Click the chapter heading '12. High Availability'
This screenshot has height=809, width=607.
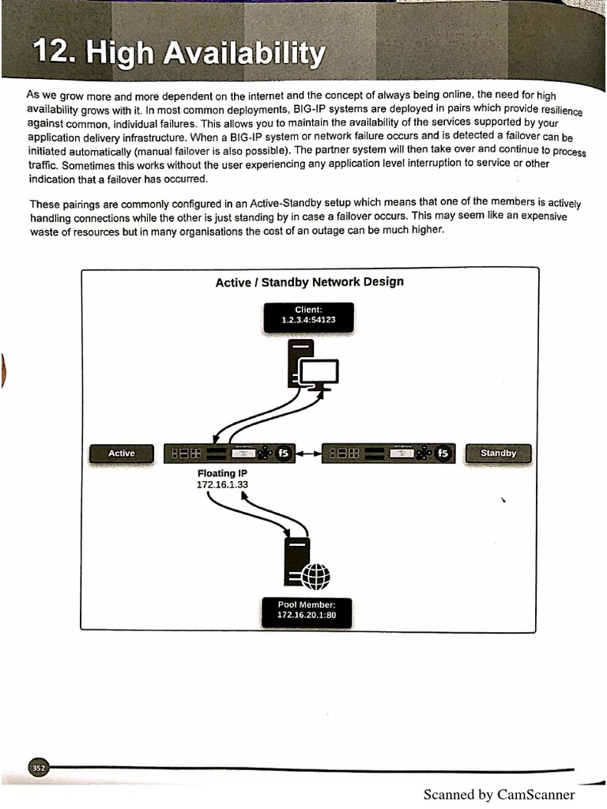point(179,54)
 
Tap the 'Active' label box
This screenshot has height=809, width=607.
point(121,453)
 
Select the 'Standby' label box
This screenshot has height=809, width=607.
point(498,453)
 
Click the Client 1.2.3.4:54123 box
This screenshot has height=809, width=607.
point(308,315)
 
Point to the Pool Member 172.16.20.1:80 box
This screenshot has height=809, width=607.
point(307,610)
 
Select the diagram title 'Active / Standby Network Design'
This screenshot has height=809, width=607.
point(309,282)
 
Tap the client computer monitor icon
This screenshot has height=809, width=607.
point(319,373)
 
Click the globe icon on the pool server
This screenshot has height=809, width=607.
point(315,575)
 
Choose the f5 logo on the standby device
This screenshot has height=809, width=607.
point(443,453)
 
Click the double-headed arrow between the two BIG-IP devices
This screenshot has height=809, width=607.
point(308,453)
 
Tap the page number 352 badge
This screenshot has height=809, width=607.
point(39,767)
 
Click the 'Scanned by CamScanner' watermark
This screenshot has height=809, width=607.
point(499,795)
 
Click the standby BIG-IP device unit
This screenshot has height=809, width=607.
point(387,453)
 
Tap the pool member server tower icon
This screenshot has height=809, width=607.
point(297,563)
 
